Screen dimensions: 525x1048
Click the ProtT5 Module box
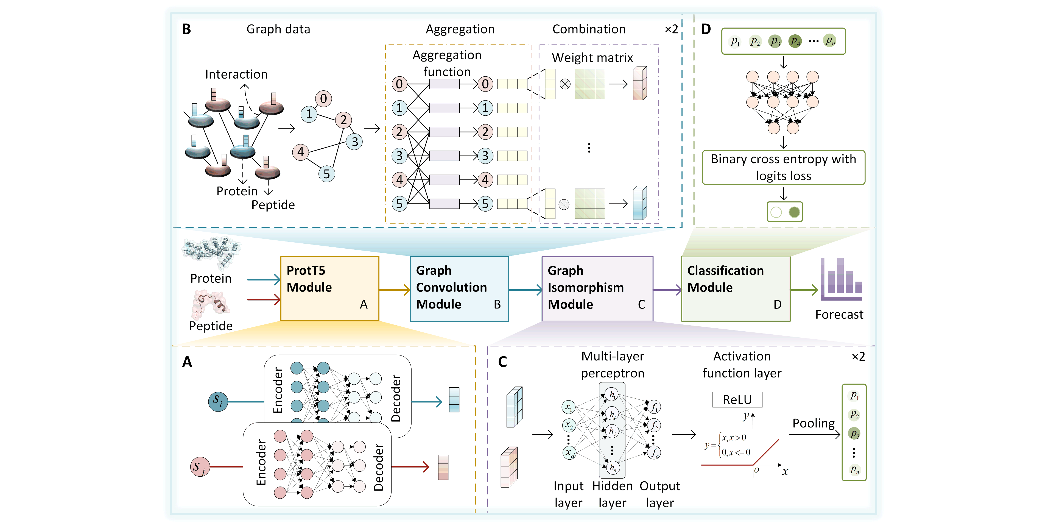[x=329, y=288]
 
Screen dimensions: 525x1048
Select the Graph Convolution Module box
[x=459, y=288]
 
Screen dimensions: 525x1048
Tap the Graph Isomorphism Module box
[x=597, y=288]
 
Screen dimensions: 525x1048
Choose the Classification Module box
[x=736, y=288]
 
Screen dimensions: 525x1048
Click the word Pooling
[x=813, y=423]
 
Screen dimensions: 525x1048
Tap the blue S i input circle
[x=218, y=401]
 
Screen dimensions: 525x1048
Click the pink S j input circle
[x=200, y=467]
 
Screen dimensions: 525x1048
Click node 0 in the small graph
[x=323, y=98]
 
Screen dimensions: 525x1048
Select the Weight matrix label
[x=592, y=58]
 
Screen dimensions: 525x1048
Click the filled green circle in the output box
[x=794, y=212]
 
